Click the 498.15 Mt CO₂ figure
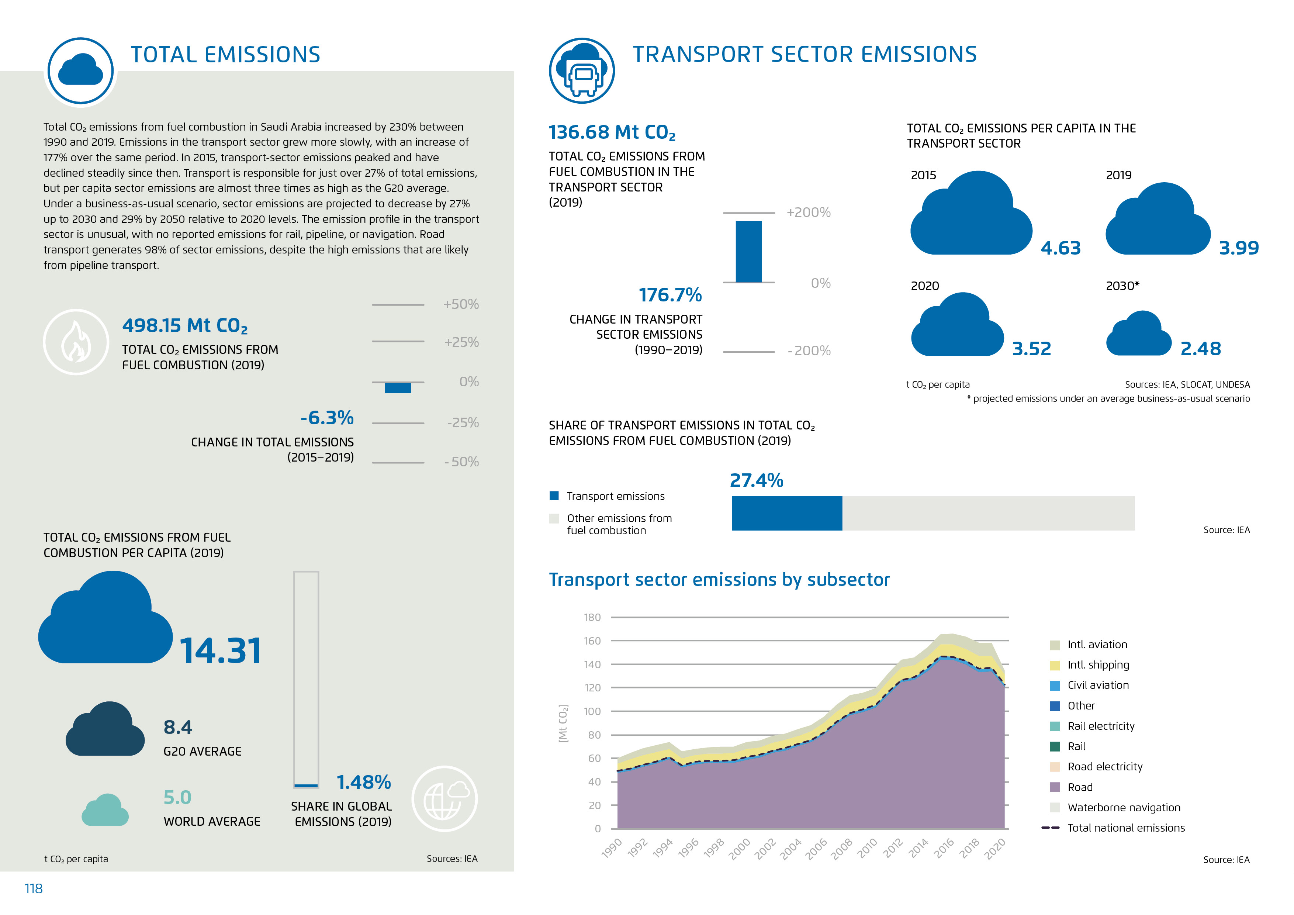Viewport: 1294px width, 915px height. pyautogui.click(x=185, y=325)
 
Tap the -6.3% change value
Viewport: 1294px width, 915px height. pyautogui.click(x=327, y=418)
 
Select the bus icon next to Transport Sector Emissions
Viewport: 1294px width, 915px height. pyautogui.click(x=582, y=71)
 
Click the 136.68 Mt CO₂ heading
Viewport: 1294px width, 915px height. pyautogui.click(x=612, y=132)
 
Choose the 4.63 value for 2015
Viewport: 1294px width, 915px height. pyautogui.click(x=1060, y=248)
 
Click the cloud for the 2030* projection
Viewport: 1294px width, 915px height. pyautogui.click(x=1138, y=334)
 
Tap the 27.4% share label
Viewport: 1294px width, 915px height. pyautogui.click(x=756, y=480)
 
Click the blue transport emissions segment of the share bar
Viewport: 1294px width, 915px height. pyautogui.click(x=787, y=513)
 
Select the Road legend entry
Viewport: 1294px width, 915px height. pyautogui.click(x=1079, y=787)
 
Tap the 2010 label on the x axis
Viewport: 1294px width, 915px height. pyautogui.click(x=867, y=847)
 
